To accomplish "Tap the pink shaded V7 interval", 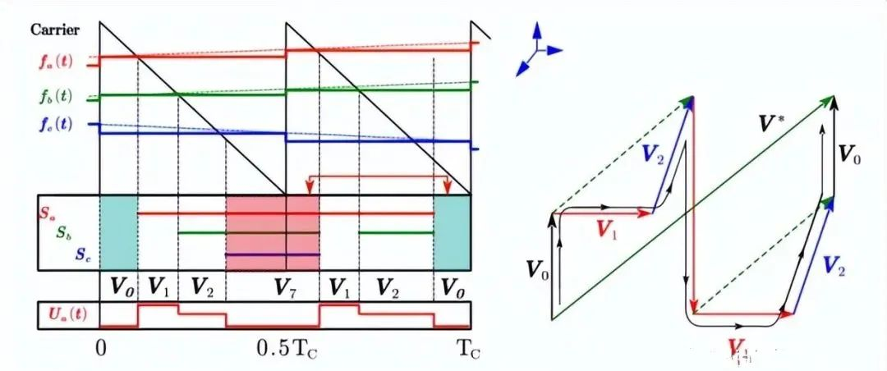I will point(272,231).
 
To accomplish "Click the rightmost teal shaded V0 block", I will point(452,231).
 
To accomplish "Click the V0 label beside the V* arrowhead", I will point(848,153).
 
